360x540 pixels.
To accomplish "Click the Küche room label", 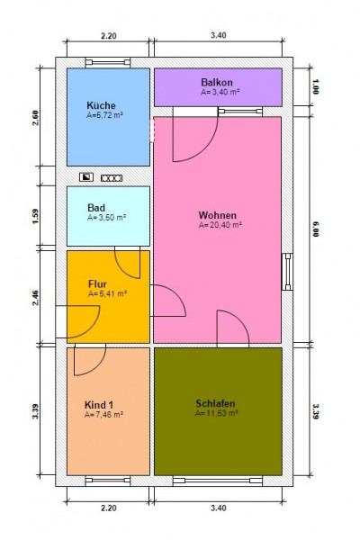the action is [x=101, y=105].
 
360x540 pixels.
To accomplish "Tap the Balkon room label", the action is [x=217, y=82].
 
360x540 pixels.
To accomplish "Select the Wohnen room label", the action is [x=218, y=215].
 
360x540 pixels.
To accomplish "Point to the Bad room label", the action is [x=96, y=208].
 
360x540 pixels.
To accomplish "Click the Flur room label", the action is [x=97, y=284].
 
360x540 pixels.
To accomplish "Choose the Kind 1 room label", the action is [x=98, y=405].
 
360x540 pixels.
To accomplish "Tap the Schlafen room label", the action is [x=215, y=403].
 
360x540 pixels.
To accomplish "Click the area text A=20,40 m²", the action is [x=220, y=225].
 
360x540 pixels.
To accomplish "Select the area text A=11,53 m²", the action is [x=216, y=413].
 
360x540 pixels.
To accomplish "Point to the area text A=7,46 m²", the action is [x=103, y=414].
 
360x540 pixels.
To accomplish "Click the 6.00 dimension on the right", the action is [x=316, y=229].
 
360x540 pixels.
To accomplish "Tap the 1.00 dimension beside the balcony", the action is [x=316, y=86].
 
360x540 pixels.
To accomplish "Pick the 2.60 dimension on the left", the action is [x=35, y=117].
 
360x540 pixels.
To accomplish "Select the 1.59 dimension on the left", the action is [x=35, y=216].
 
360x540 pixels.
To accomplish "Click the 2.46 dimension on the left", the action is [x=35, y=298].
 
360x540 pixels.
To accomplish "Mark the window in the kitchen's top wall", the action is [x=108, y=62].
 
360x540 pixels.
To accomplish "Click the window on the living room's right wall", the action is [x=287, y=272].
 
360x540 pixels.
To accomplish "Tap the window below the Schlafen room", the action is [x=218, y=481].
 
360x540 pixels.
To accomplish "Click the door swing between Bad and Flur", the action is [x=128, y=264].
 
